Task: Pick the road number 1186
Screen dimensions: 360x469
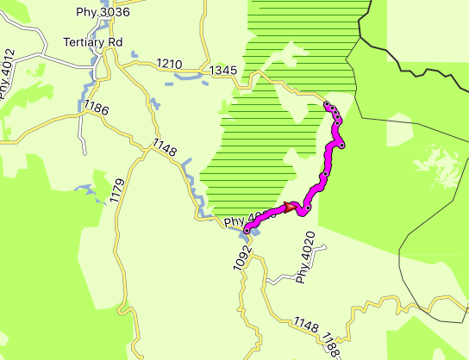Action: click(97, 109)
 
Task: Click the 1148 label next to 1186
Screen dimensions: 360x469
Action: click(164, 148)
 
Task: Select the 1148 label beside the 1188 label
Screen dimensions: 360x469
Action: click(305, 326)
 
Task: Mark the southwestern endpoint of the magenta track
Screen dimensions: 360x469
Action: click(247, 231)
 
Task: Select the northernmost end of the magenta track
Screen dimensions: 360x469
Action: click(327, 105)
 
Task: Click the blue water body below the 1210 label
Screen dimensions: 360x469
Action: click(185, 77)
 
